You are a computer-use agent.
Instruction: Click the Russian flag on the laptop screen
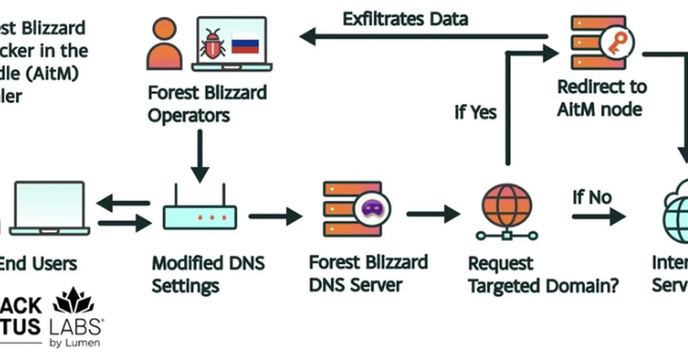coord(245,44)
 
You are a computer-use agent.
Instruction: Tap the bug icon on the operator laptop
coord(213,44)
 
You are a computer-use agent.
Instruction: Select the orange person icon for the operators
coord(164,44)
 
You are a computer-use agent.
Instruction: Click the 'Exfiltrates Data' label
coord(405,19)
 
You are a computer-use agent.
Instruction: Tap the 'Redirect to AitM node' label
coord(601,97)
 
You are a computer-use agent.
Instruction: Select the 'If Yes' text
coord(475,112)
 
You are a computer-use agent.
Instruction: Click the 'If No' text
coord(592,197)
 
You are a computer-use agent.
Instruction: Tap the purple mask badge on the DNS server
coord(372,208)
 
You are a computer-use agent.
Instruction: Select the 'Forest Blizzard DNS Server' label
coord(368,273)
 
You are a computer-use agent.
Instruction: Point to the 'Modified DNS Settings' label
coord(208,274)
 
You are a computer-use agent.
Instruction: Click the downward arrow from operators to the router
coord(200,155)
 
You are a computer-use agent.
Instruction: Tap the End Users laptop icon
coord(49,209)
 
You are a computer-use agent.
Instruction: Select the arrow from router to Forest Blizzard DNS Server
coord(275,216)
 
